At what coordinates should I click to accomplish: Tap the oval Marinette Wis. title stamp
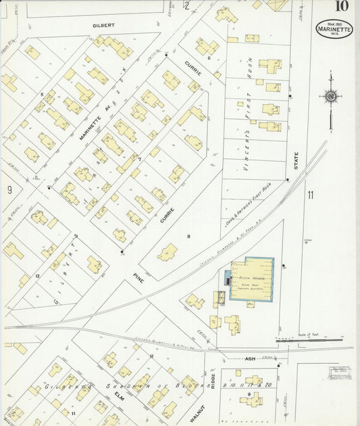pos(334,28)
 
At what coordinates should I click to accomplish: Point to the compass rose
pos(330,97)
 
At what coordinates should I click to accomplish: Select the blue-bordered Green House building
pos(252,279)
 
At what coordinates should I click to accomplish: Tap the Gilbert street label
pos(103,25)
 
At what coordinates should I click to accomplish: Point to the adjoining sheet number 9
pos(9,191)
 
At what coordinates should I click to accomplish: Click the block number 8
pos(180,237)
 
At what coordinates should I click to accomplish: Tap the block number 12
pos(38,276)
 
